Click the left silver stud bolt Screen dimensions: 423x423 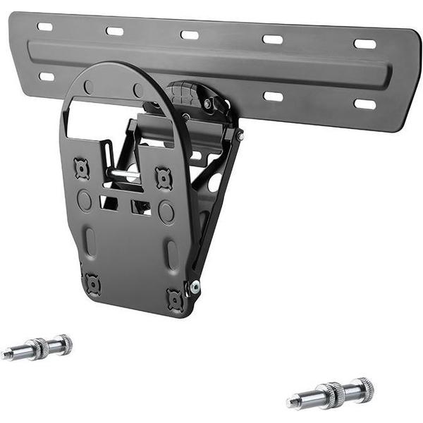(x=37, y=348)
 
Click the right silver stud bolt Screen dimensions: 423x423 (x=331, y=393)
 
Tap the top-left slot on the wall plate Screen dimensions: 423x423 (x=45, y=27)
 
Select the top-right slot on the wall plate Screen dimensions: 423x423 (x=364, y=44)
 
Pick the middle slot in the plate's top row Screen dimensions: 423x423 (x=190, y=35)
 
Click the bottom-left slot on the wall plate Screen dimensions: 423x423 (x=47, y=76)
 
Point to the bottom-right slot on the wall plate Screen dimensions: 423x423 (x=364, y=104)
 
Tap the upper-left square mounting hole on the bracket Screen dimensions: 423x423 (x=82, y=168)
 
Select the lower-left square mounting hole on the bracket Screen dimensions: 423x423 (x=92, y=283)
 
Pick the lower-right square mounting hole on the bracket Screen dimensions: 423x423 (x=175, y=299)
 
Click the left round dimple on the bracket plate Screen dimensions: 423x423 (x=85, y=200)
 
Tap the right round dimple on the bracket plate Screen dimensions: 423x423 (x=166, y=211)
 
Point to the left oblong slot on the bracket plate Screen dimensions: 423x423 (x=90, y=241)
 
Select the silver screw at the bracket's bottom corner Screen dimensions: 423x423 (x=194, y=286)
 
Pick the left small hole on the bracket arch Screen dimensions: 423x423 (x=89, y=86)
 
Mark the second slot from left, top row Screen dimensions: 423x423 (x=114, y=31)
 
